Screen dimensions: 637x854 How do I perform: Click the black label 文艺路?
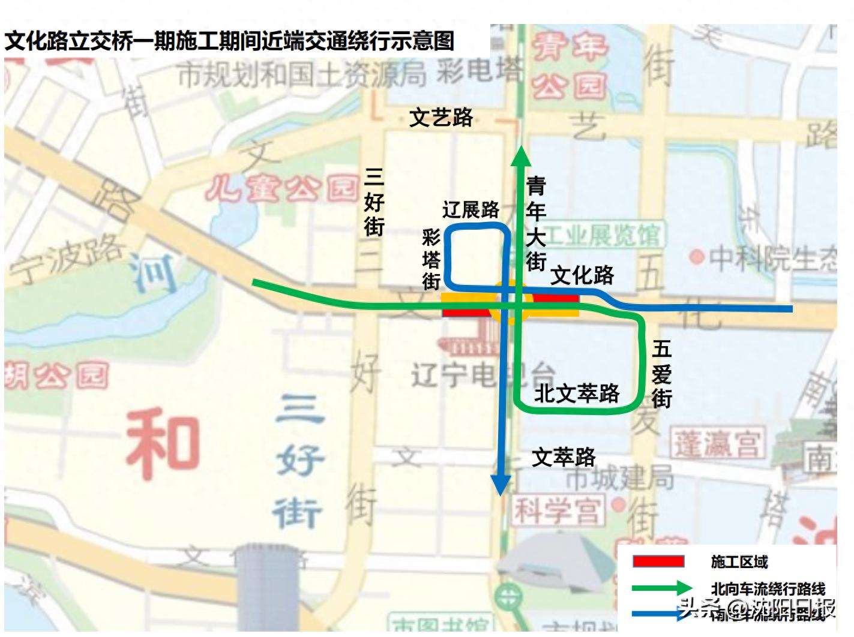(x=441, y=118)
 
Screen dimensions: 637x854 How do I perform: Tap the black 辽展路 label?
(x=471, y=209)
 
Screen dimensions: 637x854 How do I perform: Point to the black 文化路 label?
(x=582, y=275)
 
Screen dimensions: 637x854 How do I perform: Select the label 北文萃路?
(x=577, y=393)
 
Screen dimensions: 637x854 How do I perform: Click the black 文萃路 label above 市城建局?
(x=564, y=457)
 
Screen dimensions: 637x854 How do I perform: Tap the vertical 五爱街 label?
(x=661, y=374)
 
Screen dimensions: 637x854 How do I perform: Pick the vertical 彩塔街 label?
(x=431, y=259)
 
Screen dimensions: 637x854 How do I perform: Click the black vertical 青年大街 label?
(x=535, y=223)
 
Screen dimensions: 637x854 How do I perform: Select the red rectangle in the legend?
(x=658, y=561)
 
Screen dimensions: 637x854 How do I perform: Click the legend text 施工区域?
(x=739, y=562)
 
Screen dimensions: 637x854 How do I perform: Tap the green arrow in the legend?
(x=663, y=588)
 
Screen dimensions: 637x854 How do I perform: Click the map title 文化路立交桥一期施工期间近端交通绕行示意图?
(x=229, y=41)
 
